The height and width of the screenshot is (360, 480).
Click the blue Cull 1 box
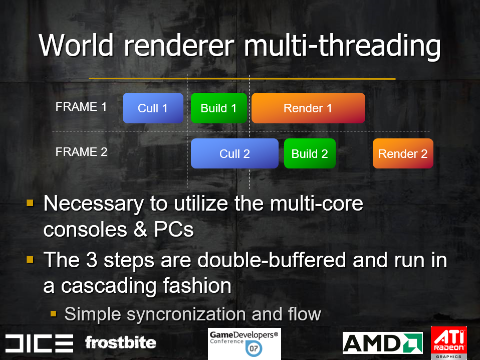[x=153, y=108]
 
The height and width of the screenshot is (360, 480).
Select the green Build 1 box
[x=218, y=108]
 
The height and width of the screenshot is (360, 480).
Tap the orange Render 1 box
[x=308, y=108]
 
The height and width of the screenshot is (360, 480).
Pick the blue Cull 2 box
[x=234, y=153]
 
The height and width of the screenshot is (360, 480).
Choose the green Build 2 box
[x=310, y=153]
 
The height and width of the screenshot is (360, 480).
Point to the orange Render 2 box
[x=403, y=153]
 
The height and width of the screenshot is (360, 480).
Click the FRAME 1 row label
[x=81, y=107]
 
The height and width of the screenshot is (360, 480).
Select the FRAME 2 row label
[x=82, y=152]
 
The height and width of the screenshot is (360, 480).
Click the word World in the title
[x=76, y=45]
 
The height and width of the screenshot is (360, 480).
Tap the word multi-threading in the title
[x=342, y=46]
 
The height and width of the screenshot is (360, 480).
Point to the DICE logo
[x=39, y=343]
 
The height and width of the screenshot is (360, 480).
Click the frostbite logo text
[x=121, y=342]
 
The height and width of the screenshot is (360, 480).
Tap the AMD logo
[x=383, y=343]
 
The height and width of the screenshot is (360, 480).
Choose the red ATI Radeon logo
[x=449, y=343]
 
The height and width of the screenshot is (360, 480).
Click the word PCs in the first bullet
[x=173, y=229]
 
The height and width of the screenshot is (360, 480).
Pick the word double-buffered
[x=272, y=260]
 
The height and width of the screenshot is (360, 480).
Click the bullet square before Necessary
[x=30, y=203]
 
